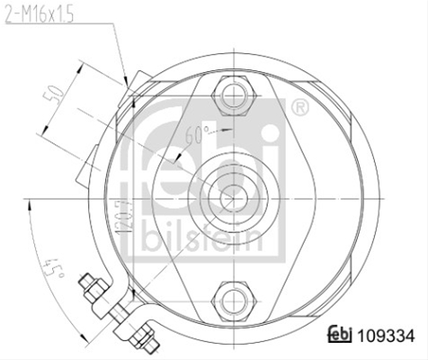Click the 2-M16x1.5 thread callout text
pyautogui.click(x=40, y=15)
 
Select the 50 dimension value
pyautogui.click(x=54, y=94)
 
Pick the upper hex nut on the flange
pyautogui.click(x=234, y=95)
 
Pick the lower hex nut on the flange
pyautogui.click(x=234, y=301)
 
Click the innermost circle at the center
pyautogui.click(x=234, y=198)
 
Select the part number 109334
pyautogui.click(x=387, y=336)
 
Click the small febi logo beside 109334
pyautogui.click(x=340, y=334)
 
